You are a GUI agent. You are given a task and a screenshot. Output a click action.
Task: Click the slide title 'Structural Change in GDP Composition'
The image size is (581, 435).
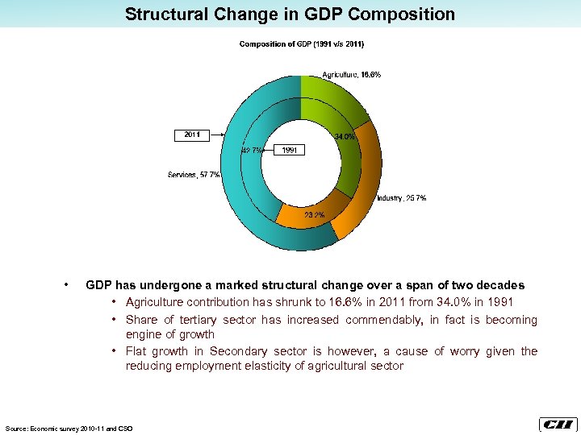click(290, 14)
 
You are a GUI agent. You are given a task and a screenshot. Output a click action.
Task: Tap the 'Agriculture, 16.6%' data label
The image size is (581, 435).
click(352, 75)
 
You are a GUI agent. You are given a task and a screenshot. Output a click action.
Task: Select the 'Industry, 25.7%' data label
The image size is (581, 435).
click(401, 198)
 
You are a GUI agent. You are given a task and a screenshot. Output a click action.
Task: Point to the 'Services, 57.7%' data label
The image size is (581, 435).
click(194, 175)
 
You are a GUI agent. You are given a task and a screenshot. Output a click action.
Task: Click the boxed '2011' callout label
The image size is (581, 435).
click(192, 135)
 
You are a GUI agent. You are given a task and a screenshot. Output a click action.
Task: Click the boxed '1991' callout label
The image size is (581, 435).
click(290, 150)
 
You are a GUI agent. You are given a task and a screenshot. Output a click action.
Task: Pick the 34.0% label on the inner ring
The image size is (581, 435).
click(345, 137)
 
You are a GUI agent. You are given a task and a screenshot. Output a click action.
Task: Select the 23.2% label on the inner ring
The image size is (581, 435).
click(314, 215)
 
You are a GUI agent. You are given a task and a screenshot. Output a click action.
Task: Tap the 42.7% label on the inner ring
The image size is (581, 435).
click(251, 150)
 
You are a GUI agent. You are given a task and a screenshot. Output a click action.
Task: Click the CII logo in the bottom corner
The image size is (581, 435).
click(557, 425)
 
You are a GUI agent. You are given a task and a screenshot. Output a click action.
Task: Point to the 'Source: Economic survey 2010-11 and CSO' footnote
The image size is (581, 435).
click(69, 428)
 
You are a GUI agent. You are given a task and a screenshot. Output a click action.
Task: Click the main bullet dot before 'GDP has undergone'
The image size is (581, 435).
click(65, 285)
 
